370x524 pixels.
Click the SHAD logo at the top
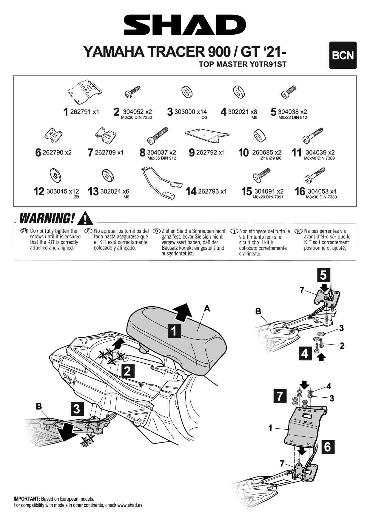tap(185, 24)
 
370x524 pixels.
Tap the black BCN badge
tap(343, 55)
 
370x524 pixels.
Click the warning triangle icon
tap(85, 218)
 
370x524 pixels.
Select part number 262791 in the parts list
tap(81, 112)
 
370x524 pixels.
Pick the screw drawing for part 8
tap(158, 136)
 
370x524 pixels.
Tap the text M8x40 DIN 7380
tap(319, 158)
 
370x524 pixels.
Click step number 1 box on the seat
tap(174, 331)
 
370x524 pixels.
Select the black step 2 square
tap(127, 371)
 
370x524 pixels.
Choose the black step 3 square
tap(77, 409)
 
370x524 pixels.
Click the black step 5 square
tap(323, 275)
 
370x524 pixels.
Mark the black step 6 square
tap(327, 447)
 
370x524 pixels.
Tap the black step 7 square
tap(280, 396)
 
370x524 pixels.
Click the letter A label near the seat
tap(207, 309)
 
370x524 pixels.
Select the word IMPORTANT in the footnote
tap(27, 499)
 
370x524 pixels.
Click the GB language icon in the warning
tap(24, 231)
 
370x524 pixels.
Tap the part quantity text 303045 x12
tap(63, 191)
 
